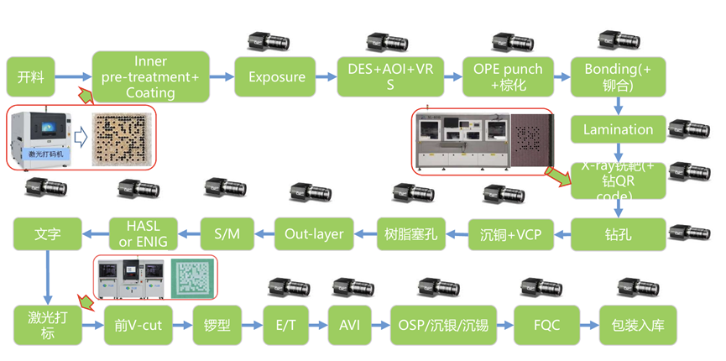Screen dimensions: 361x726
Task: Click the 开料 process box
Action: [31, 77]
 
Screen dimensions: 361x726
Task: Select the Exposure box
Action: [276, 77]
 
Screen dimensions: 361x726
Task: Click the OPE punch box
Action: [508, 77]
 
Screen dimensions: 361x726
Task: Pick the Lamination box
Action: [618, 130]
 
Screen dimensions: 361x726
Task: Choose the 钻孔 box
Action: [618, 233]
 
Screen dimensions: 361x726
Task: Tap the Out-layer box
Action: [314, 233]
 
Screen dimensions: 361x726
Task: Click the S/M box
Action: [227, 233]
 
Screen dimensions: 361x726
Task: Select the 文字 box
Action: [48, 233]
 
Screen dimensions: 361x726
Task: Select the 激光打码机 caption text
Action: [42, 153]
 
